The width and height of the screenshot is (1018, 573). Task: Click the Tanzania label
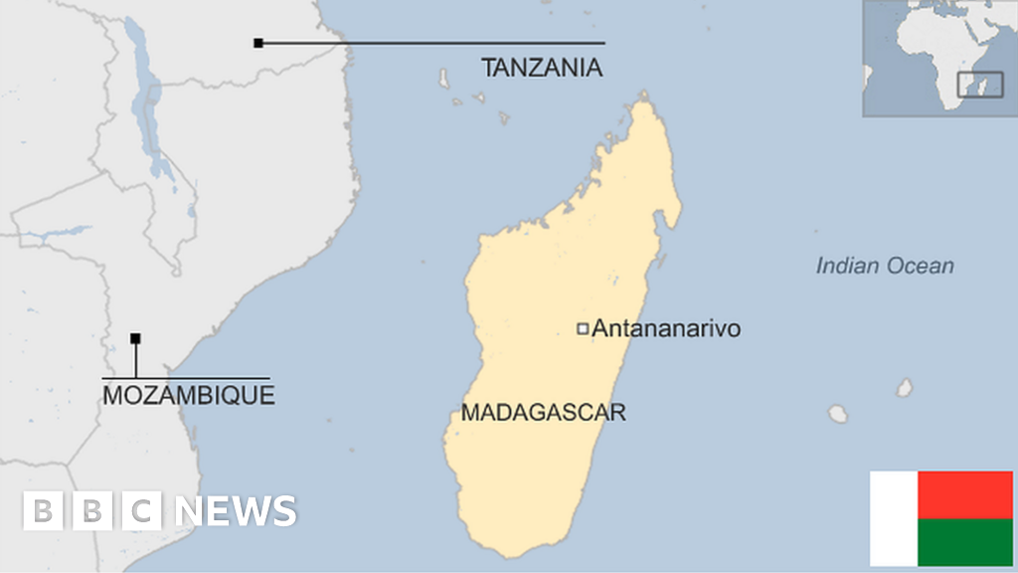coord(542,68)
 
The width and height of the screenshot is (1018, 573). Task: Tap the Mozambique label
coord(189,395)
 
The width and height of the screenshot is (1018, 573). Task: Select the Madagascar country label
coord(543,413)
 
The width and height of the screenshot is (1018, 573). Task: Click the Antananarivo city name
coord(666,328)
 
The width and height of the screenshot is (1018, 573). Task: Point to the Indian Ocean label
coord(884,266)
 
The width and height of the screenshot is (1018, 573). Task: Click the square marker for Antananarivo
coord(584,328)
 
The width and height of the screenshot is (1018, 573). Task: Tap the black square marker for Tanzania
coord(258,43)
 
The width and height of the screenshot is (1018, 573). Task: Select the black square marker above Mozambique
coord(135,338)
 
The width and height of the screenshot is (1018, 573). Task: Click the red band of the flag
coord(964,494)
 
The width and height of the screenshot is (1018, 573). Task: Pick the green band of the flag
coord(964,542)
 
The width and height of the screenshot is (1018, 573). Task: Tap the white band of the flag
coord(893,518)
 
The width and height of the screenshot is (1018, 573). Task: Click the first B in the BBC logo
coord(42,511)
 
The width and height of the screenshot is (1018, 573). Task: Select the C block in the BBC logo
coord(143,511)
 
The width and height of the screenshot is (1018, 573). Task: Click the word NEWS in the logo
coord(236,511)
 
